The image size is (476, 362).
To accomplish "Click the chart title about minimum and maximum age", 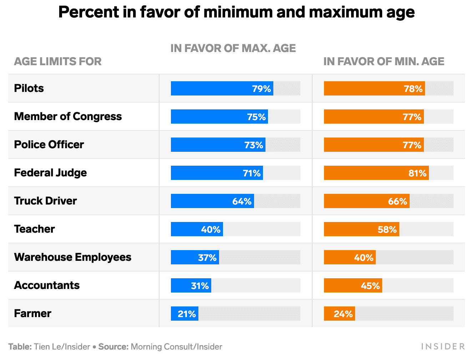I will [236, 12].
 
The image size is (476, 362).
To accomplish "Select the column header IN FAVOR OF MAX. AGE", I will [233, 48].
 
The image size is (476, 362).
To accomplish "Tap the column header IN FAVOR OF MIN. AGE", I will [384, 61].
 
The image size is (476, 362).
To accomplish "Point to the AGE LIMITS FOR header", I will [58, 61].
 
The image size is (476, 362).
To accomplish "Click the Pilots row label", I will [29, 88].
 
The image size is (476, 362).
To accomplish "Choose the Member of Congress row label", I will [68, 116].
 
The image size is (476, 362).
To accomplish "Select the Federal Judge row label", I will [50, 172].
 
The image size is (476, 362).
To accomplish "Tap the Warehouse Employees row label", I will [72, 257].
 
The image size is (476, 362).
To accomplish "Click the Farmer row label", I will [32, 313].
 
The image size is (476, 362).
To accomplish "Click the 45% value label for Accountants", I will [370, 286].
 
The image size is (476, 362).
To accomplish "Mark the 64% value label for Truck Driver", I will [242, 201].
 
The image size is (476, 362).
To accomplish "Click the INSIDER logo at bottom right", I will [443, 346].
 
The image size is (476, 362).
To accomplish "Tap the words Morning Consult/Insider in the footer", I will [176, 347].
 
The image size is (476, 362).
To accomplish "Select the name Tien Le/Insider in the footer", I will [62, 347].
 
